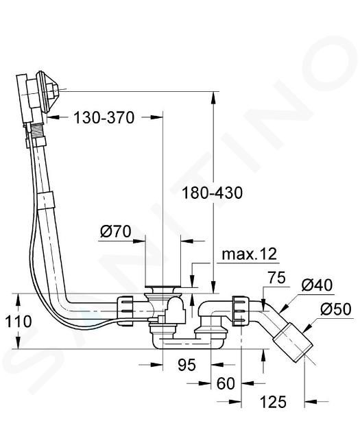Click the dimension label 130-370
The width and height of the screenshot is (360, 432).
[104, 118]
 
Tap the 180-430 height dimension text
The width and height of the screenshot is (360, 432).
[212, 193]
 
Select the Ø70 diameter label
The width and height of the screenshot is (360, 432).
[115, 231]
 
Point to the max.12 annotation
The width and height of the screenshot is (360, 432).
[249, 254]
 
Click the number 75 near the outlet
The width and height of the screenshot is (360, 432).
[277, 278]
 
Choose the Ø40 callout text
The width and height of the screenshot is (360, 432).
[317, 285]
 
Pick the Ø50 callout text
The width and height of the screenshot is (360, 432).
[336, 309]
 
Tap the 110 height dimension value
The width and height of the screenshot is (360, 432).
[19, 322]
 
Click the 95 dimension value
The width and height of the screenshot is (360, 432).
[187, 365]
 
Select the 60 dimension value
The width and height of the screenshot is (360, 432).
[226, 383]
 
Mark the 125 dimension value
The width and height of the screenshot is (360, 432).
[273, 402]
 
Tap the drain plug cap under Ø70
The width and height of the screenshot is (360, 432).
[163, 289]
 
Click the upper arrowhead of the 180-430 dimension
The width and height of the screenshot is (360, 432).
[213, 98]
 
